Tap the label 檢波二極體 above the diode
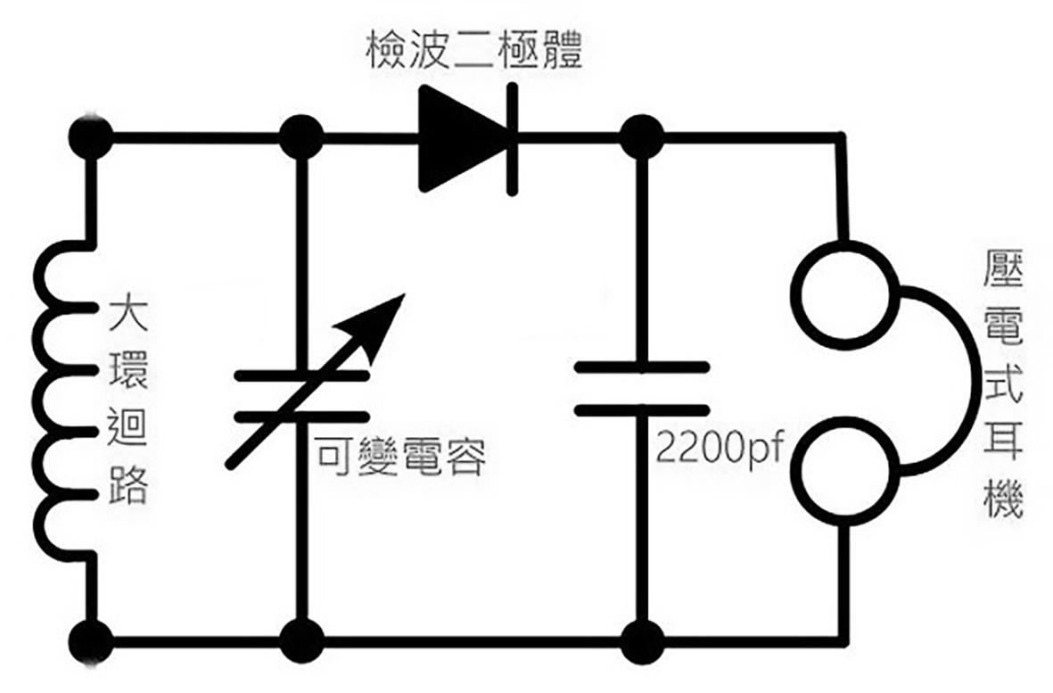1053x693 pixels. pyautogui.click(x=473, y=53)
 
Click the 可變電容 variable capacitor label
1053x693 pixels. pyautogui.click(x=401, y=458)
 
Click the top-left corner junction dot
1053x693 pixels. pyautogui.click(x=91, y=138)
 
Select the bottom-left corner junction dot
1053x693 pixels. pyautogui.click(x=91, y=640)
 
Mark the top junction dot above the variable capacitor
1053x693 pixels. pyautogui.click(x=301, y=138)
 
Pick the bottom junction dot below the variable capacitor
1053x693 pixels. pyautogui.click(x=301, y=640)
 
